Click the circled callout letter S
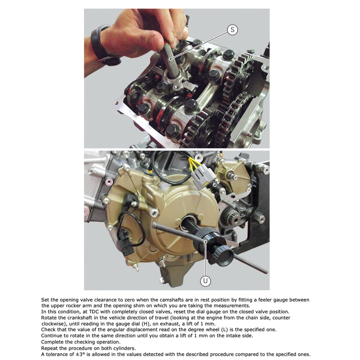click(232, 30)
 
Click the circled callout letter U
click(205, 281)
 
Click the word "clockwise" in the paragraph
click(53, 324)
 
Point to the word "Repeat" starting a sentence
click(50, 348)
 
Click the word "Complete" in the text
click(53, 342)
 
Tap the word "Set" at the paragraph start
click(45, 300)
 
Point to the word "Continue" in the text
click(52, 336)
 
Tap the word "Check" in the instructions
click(49, 329)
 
